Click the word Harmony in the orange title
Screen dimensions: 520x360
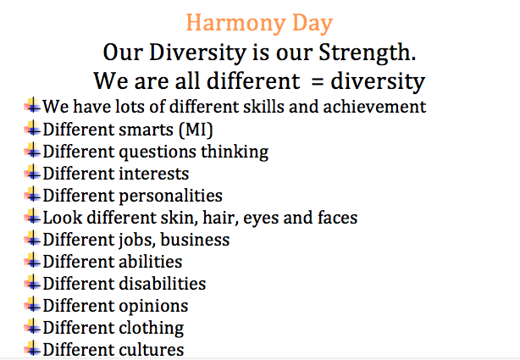[x=235, y=24]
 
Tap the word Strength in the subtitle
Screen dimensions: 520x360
[x=367, y=53]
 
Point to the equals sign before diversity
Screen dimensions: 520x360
[x=318, y=81]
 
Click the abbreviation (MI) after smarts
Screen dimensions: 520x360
[x=196, y=130]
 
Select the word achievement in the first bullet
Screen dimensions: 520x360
[x=374, y=107]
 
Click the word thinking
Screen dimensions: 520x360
[x=235, y=152]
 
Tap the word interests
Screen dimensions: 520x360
[x=154, y=174]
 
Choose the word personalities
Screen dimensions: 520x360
[x=170, y=197]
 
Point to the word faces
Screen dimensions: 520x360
[x=337, y=218]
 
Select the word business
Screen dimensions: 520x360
[x=195, y=240]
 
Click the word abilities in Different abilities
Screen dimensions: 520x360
[x=151, y=262]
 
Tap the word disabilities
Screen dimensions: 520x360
[x=162, y=284]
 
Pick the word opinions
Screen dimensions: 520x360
[x=153, y=307]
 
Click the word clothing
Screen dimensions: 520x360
[x=152, y=329]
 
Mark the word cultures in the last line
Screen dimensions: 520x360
[x=152, y=350]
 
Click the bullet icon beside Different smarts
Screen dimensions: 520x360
[x=32, y=129]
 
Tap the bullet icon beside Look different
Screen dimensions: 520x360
[x=32, y=217]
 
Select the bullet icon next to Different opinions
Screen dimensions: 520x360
[x=32, y=305]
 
